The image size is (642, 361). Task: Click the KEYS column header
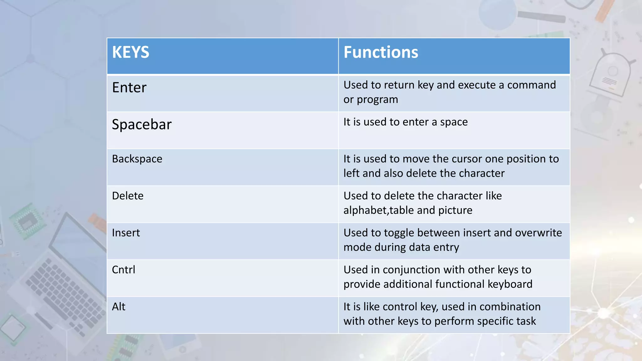coord(131,52)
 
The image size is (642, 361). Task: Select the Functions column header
coord(381,52)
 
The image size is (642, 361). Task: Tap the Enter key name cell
coord(129,87)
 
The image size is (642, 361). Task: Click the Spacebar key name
coord(142,124)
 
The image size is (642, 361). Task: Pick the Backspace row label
coord(137,159)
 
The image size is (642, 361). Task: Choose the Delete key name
coord(128,196)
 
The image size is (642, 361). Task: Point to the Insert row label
coord(126,233)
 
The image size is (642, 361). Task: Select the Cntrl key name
coord(124,270)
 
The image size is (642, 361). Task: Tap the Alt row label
coord(118,307)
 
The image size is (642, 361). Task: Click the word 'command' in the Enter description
coord(531,85)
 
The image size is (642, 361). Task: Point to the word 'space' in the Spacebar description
coord(454,122)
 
